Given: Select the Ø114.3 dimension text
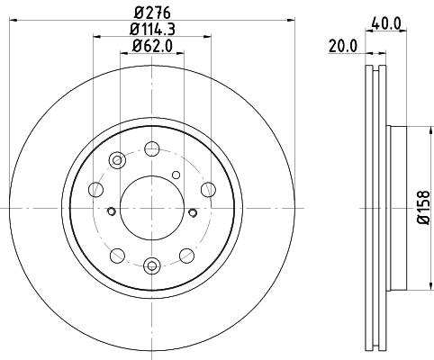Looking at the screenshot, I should (152, 29).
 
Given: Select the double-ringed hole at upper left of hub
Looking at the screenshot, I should (117, 160).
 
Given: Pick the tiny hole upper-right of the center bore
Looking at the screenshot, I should (176, 175).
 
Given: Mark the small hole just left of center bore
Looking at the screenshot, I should (111, 212).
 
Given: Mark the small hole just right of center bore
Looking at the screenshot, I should (192, 212).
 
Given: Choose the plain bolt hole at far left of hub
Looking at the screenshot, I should (95, 189).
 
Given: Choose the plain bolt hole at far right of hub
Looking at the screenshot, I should (208, 189).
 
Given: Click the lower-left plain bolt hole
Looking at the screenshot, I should (117, 255).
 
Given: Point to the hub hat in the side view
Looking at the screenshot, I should (401, 209).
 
